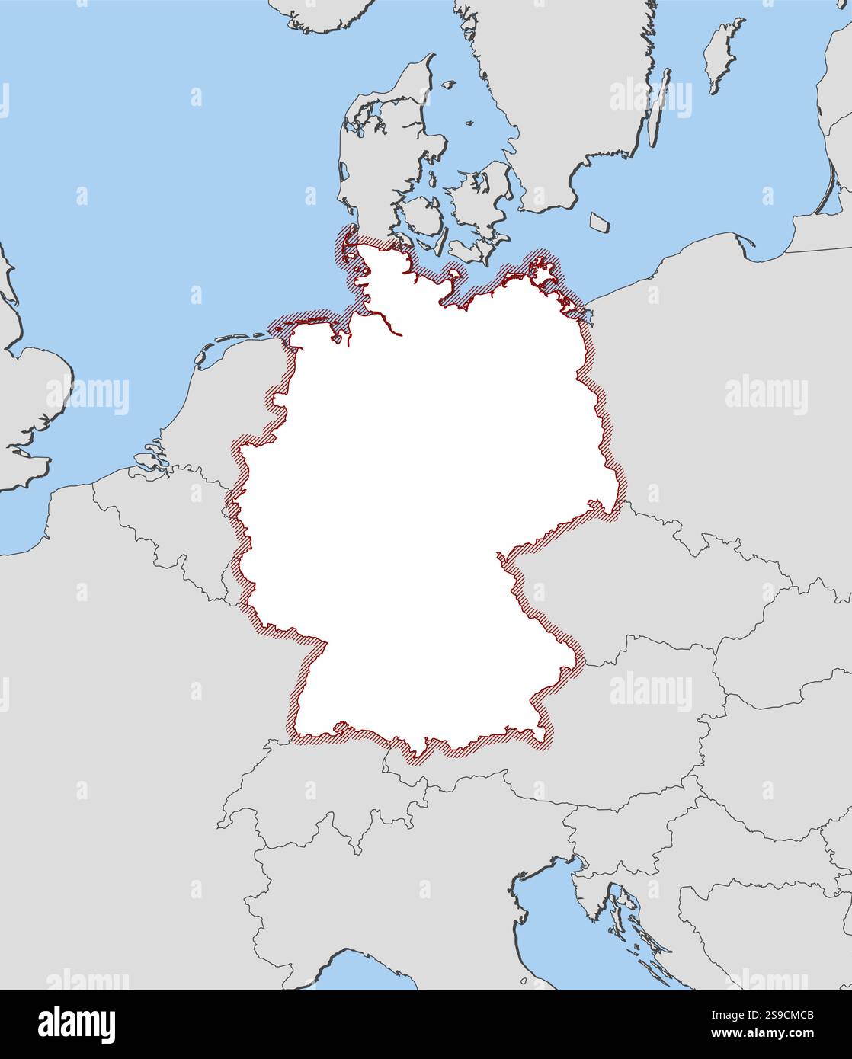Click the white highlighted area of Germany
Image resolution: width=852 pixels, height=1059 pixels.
(x=427, y=495)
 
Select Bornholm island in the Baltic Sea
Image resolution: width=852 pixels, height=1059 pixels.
(x=600, y=222)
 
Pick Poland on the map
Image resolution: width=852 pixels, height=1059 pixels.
(x=724, y=381)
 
